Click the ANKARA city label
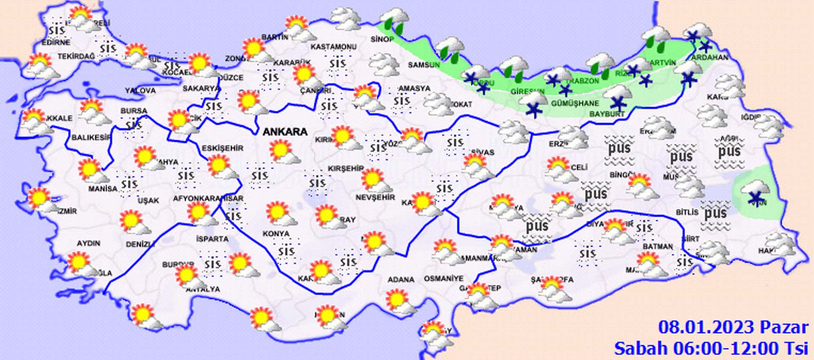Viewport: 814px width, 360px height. point(285,132)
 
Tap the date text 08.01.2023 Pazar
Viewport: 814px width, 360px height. point(733,328)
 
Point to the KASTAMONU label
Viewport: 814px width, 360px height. point(333,47)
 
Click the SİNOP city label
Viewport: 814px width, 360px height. point(382,39)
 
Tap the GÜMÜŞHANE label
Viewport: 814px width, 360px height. point(575,103)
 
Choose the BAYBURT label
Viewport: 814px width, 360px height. point(607,114)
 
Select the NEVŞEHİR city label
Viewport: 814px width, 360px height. point(375,198)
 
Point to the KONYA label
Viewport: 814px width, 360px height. point(276,234)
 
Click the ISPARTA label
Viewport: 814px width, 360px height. point(212,239)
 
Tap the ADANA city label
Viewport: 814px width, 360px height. point(401,280)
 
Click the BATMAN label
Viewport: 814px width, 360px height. point(658,246)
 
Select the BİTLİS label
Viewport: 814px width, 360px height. point(687,212)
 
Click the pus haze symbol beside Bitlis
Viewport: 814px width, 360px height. point(715,213)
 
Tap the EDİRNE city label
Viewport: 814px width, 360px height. point(56,42)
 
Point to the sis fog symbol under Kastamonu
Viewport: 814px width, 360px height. point(337,64)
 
